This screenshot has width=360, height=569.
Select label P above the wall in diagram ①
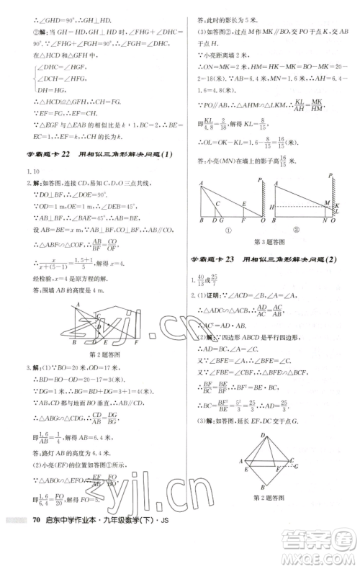click(x=252, y=175)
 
